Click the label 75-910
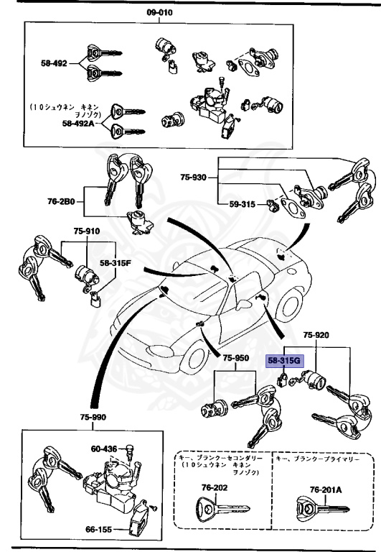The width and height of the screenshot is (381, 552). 86,232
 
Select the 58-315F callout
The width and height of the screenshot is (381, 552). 116,264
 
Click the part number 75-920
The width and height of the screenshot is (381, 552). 316,335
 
